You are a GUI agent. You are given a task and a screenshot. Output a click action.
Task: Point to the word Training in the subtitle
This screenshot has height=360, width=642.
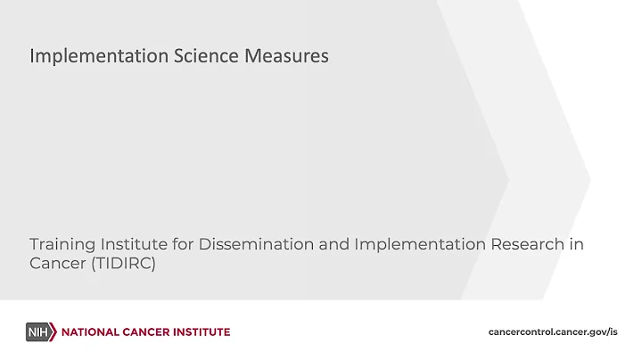[58, 243]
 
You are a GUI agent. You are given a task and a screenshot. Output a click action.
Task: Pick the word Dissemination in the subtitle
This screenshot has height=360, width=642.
[245, 243]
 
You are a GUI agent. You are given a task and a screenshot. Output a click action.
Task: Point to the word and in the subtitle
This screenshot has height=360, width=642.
[324, 243]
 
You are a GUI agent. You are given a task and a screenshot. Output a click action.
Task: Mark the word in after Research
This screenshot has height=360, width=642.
[576, 243]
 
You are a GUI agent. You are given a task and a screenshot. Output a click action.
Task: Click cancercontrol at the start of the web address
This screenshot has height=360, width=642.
[523, 332]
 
